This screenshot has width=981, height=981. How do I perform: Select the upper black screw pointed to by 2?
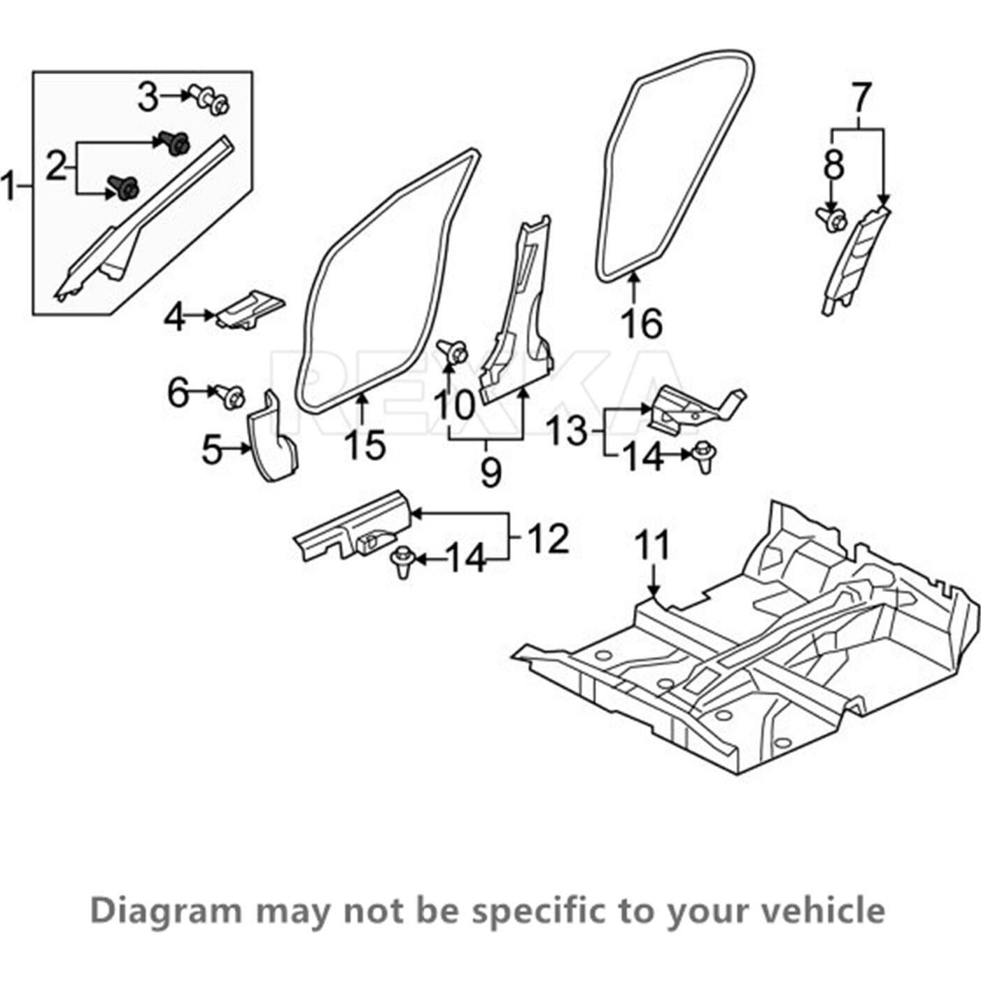pyautogui.click(x=175, y=143)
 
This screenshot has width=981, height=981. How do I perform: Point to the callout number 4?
pyautogui.click(x=175, y=318)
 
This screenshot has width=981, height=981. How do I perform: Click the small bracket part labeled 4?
pyautogui.click(x=250, y=309)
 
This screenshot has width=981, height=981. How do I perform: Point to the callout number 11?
pyautogui.click(x=652, y=546)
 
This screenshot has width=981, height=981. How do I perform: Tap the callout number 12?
pyautogui.click(x=549, y=539)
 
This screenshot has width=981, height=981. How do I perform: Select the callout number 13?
pyautogui.click(x=567, y=431)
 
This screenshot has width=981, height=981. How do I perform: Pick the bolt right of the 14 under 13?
pyautogui.click(x=703, y=457)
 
